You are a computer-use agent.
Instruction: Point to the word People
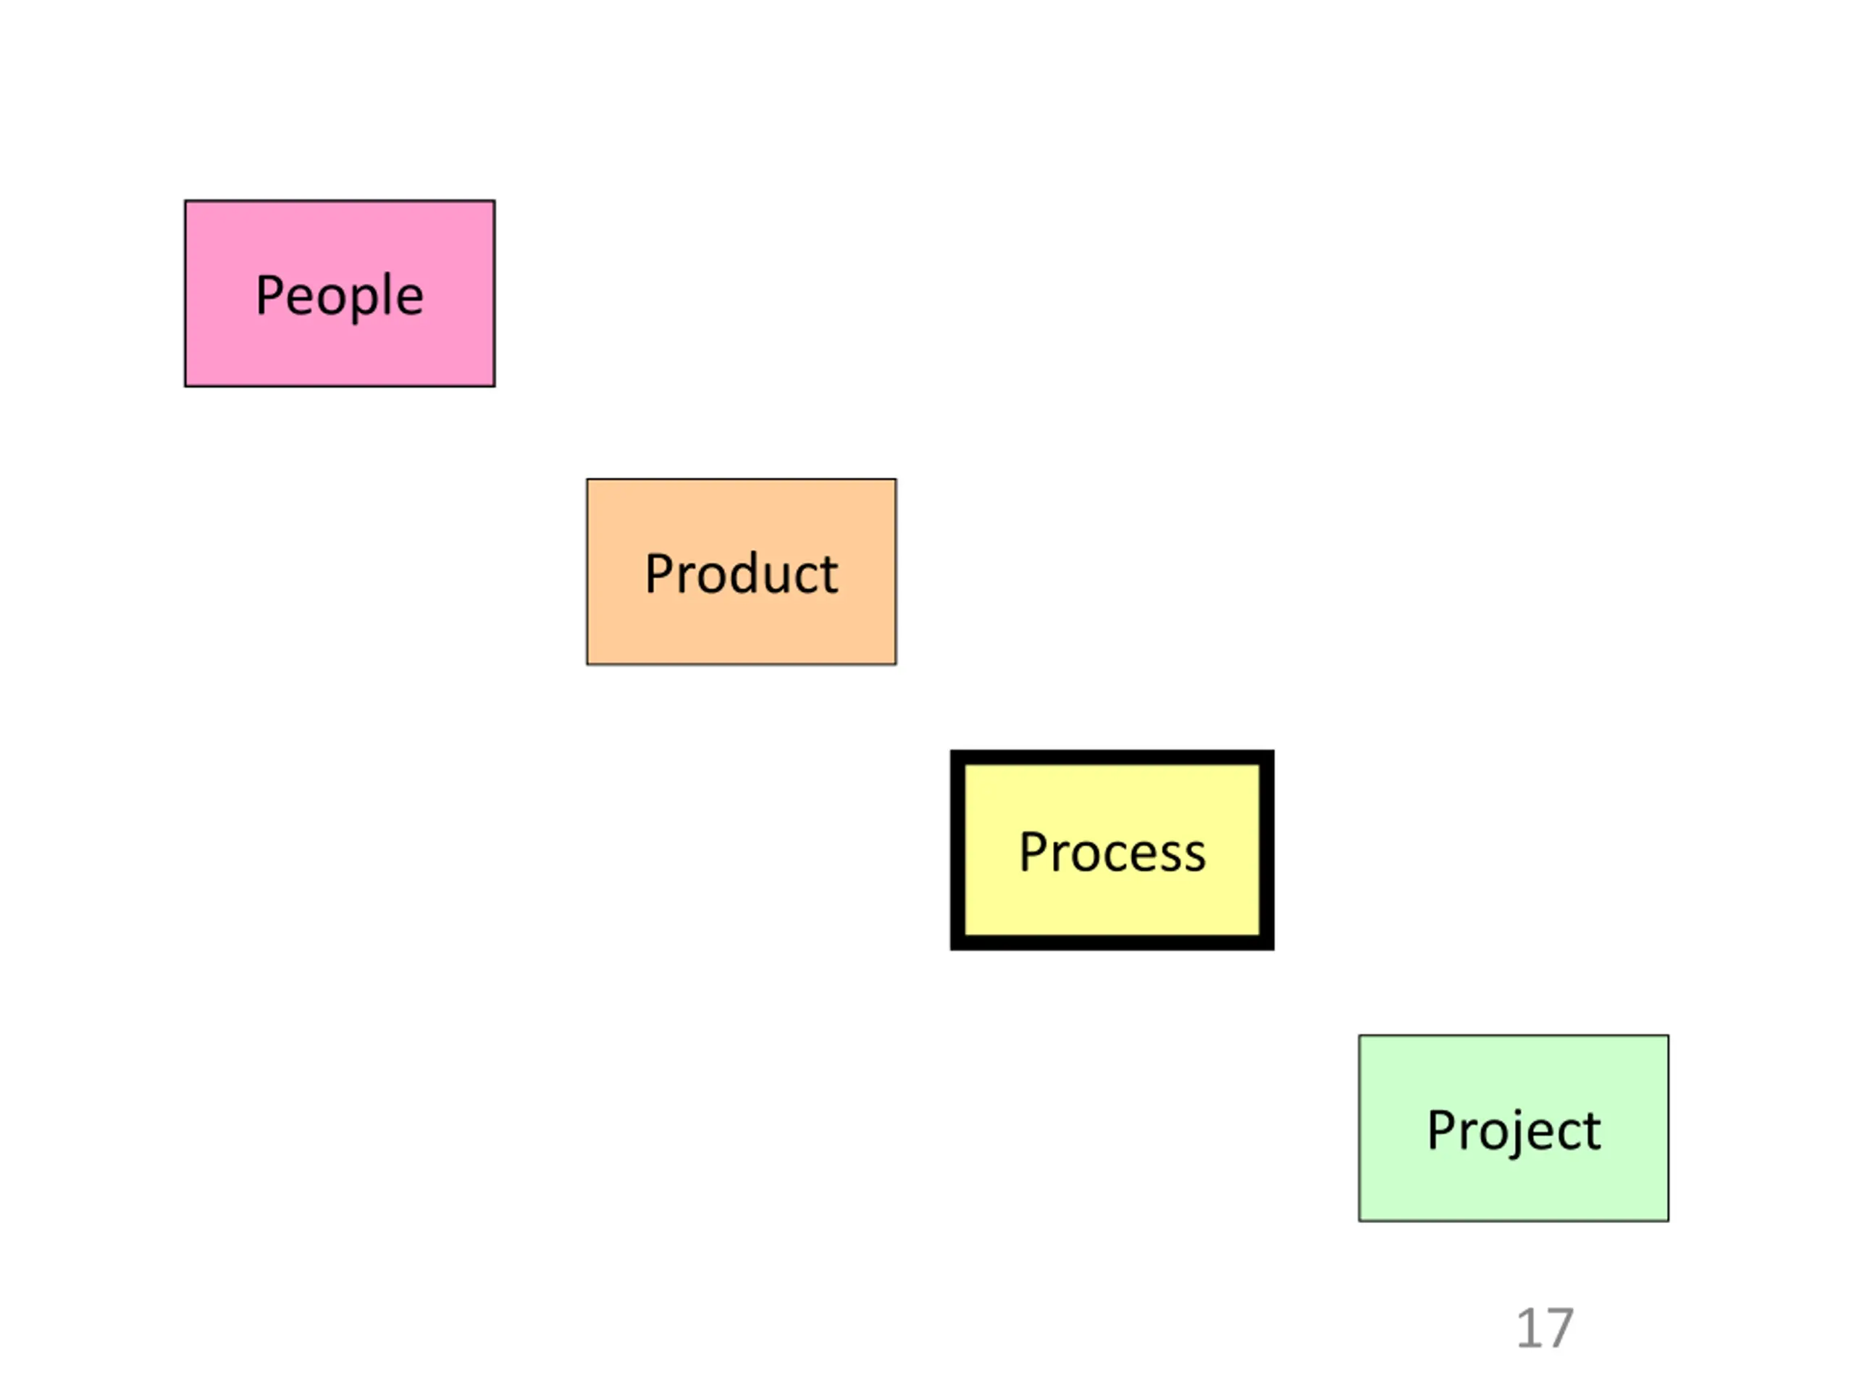pos(340,296)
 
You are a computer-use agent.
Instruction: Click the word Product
pos(741,575)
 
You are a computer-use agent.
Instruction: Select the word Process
pos(1112,853)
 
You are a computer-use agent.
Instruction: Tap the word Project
pos(1513,1131)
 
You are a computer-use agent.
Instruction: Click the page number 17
pos(1544,1329)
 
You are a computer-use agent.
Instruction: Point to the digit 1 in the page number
pos(1529,1329)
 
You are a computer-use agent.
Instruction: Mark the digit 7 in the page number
pos(1559,1329)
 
